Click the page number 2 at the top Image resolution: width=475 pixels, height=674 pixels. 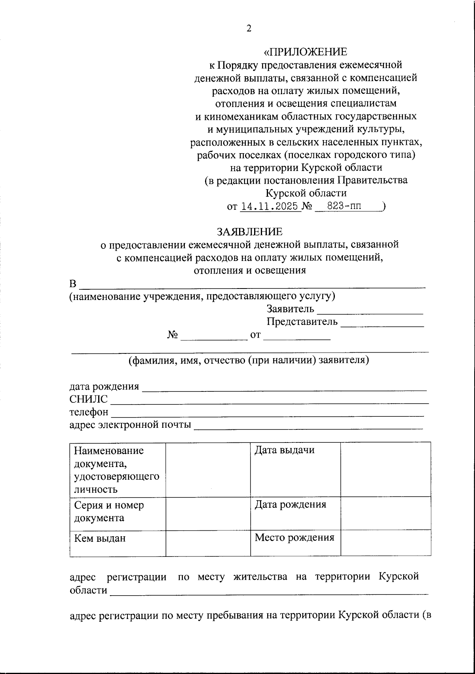click(x=249, y=28)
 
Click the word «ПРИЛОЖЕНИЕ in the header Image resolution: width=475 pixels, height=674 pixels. click(x=306, y=52)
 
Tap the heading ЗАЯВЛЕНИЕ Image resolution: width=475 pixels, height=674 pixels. click(x=249, y=232)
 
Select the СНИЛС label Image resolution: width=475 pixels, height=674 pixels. click(x=88, y=399)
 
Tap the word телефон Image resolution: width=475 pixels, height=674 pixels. click(x=89, y=412)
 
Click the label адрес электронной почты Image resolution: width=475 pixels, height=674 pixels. click(x=130, y=425)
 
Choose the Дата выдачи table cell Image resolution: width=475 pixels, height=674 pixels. click(x=295, y=469)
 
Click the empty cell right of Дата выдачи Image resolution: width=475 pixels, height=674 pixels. click(x=386, y=469)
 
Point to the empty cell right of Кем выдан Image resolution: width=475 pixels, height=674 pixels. click(x=208, y=543)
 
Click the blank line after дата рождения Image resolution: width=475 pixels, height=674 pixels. click(x=284, y=388)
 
